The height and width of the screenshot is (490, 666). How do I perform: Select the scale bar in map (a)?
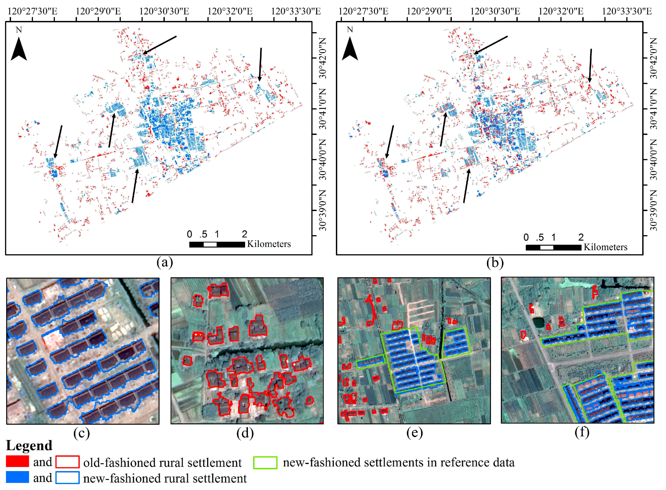pos(217,245)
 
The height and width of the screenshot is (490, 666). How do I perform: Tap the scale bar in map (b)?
pos(553,247)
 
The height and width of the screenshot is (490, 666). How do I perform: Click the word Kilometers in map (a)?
pos(269,244)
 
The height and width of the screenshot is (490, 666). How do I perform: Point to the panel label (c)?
pos(82,433)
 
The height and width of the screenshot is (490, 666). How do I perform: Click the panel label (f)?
pos(582,432)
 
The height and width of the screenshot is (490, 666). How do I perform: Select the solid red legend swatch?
pos(17,462)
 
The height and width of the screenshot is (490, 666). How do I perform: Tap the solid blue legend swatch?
pos(17,477)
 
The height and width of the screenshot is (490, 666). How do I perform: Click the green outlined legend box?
pos(265,462)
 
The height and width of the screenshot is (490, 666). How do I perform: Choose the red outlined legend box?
pos(67,462)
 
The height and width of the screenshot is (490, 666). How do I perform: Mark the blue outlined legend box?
pos(67,478)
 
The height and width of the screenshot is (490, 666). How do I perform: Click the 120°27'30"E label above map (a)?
pos(32,11)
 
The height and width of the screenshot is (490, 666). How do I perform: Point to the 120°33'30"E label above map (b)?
pos(627,11)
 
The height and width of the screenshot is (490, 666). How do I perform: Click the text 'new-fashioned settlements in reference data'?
pos(399,462)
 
